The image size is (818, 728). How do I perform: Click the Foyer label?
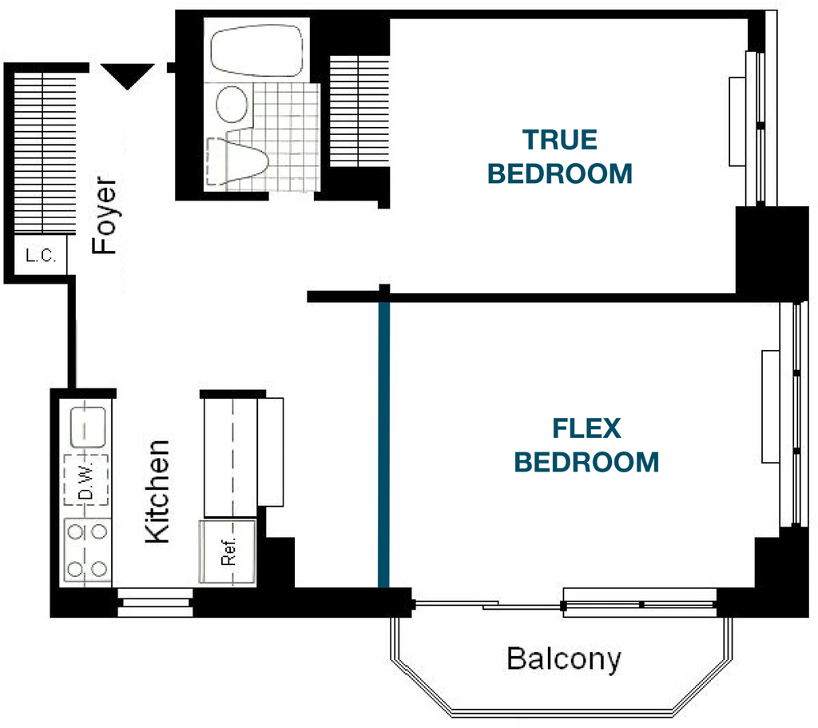(x=104, y=216)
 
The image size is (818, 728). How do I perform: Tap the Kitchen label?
(x=157, y=491)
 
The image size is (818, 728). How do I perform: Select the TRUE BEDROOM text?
(x=560, y=157)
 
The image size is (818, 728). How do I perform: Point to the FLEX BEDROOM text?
(x=586, y=445)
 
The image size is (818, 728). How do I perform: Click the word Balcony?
(x=564, y=659)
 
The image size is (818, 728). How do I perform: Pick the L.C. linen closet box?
(x=40, y=255)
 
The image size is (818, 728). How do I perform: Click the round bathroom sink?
(x=232, y=104)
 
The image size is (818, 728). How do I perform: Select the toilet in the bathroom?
(x=236, y=160)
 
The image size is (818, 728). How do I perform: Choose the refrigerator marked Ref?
(x=228, y=551)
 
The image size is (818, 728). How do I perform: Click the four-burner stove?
(x=87, y=550)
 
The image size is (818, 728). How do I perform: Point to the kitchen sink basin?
(x=88, y=428)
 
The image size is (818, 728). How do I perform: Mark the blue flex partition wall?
(x=384, y=444)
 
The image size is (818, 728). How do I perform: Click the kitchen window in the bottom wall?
(x=155, y=603)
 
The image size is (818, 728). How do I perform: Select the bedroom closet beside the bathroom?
(x=360, y=111)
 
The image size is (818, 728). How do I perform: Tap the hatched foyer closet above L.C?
(x=45, y=153)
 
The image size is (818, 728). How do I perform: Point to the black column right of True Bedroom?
(x=772, y=253)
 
